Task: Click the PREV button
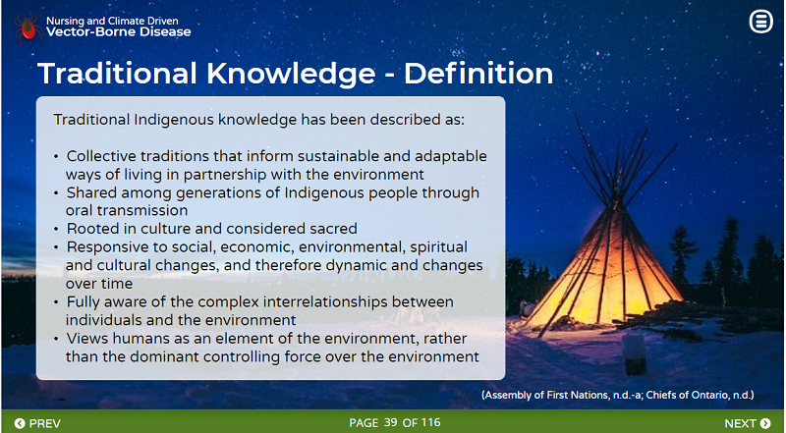point(37,423)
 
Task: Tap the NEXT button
point(748,423)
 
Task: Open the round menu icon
point(760,22)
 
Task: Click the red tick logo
point(28,29)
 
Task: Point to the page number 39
point(390,422)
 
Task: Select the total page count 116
point(430,422)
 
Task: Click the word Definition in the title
point(478,74)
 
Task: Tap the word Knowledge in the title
point(291,74)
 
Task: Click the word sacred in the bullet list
point(333,229)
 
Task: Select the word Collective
point(101,156)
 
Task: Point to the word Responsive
point(101,247)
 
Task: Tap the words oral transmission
point(127,210)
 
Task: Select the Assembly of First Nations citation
point(562,395)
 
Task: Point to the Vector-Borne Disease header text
point(118,32)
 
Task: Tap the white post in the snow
point(635,354)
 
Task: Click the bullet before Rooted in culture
point(57,229)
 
